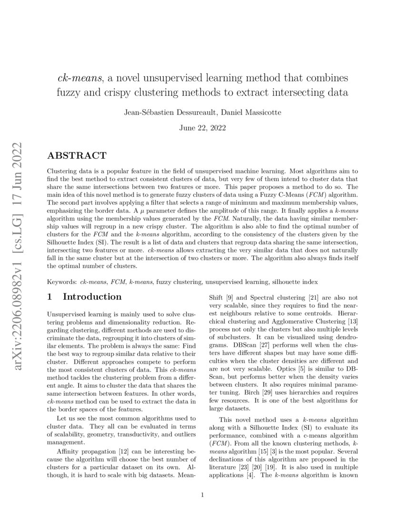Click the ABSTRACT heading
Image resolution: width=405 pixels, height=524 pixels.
(x=77, y=156)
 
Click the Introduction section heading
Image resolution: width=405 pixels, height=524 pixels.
(x=92, y=297)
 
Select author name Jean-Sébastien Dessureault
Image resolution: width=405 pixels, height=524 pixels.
(x=162, y=112)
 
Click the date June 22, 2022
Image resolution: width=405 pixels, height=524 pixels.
(x=202, y=128)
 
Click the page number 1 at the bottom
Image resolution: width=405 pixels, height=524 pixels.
(x=202, y=495)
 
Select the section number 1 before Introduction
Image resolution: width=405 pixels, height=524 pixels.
(x=50, y=297)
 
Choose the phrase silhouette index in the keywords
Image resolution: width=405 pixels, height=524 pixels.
(x=293, y=282)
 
